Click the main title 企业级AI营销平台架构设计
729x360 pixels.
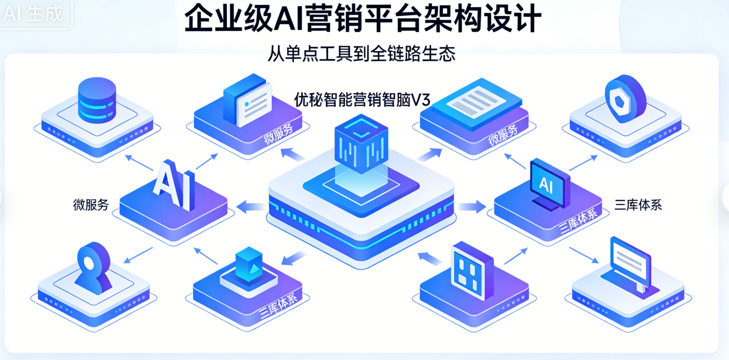362,18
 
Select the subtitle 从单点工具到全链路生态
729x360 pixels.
361,54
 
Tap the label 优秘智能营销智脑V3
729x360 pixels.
362,100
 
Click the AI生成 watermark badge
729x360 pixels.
34,13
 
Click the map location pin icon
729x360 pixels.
93,266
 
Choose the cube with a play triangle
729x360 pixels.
249,265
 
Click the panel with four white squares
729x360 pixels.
472,271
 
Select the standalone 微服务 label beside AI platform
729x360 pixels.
91,205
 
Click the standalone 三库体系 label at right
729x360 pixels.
638,205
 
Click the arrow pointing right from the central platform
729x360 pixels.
472,207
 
